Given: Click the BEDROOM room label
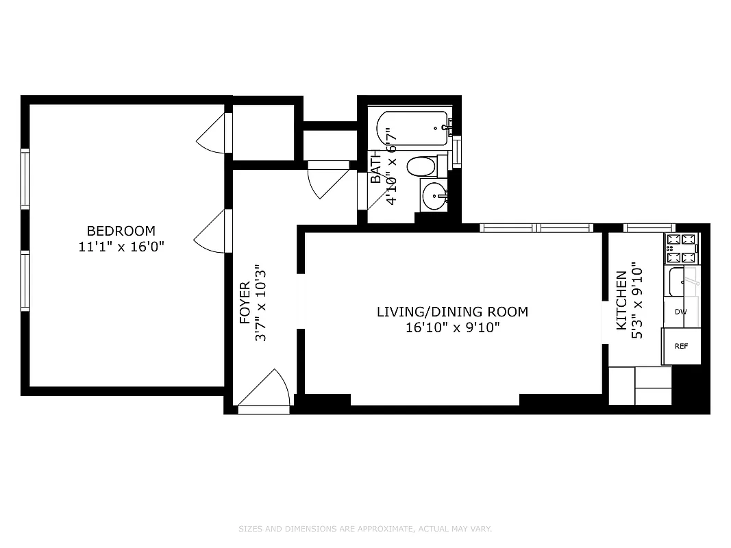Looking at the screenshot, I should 121,231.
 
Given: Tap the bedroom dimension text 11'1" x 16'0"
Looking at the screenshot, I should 121,247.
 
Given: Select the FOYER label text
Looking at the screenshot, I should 245,303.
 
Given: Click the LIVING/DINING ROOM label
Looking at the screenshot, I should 452,312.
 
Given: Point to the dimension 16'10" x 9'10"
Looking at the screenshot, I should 452,327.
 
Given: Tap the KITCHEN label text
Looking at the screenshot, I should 621,300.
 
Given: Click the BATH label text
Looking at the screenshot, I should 375,169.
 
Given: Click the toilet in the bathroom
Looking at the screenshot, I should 422,166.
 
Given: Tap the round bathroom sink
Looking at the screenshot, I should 434,197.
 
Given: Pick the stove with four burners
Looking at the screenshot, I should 680,249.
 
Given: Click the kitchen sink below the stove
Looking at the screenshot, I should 682,282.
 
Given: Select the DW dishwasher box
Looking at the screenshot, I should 680,312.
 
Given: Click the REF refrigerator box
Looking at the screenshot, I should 681,346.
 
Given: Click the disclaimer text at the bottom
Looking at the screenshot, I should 365,529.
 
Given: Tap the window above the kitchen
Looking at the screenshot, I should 649,227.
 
